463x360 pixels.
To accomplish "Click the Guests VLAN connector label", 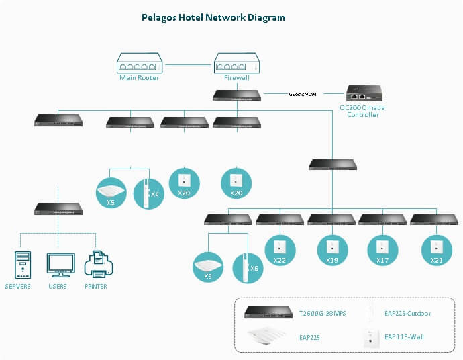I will (x=303, y=94).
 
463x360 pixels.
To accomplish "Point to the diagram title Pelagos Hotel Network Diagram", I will (x=213, y=18).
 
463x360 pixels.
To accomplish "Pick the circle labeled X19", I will (x=332, y=249).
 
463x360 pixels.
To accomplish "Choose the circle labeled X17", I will (x=383, y=249).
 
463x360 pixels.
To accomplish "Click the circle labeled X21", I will (x=435, y=249).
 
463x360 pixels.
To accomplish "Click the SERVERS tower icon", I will (x=23, y=264).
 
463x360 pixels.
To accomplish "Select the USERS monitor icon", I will (x=58, y=264).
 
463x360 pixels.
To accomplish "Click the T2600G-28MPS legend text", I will (x=322, y=313).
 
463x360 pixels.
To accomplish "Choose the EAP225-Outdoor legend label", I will (x=407, y=313).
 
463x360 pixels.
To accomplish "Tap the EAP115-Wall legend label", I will (x=403, y=336).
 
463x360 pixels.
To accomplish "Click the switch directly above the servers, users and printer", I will (x=58, y=209).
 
